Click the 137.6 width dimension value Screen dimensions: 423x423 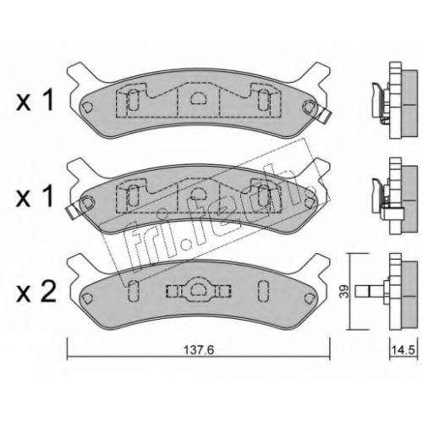(199, 350)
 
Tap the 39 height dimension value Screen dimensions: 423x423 (344, 291)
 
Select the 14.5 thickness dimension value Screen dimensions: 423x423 (404, 350)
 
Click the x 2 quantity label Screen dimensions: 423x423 (36, 292)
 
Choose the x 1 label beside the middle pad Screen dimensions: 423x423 (35, 196)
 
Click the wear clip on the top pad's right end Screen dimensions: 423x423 (325, 116)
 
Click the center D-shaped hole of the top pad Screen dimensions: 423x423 (199, 98)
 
